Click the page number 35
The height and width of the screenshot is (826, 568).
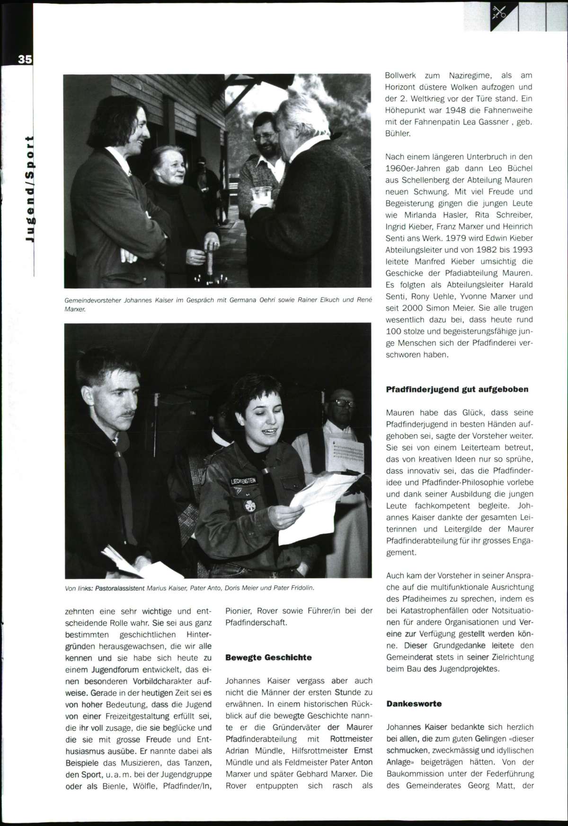coord(25,60)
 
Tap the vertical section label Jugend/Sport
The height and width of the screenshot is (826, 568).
coord(29,189)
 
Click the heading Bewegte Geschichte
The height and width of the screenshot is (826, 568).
coord(268,658)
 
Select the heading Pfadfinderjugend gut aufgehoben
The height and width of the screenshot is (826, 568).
coord(457,390)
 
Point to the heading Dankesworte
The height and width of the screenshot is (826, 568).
coord(414,704)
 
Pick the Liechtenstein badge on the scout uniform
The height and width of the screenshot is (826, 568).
coord(243,481)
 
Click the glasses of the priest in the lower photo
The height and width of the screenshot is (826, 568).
coord(345,403)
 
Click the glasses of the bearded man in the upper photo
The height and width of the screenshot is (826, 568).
coord(263,136)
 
